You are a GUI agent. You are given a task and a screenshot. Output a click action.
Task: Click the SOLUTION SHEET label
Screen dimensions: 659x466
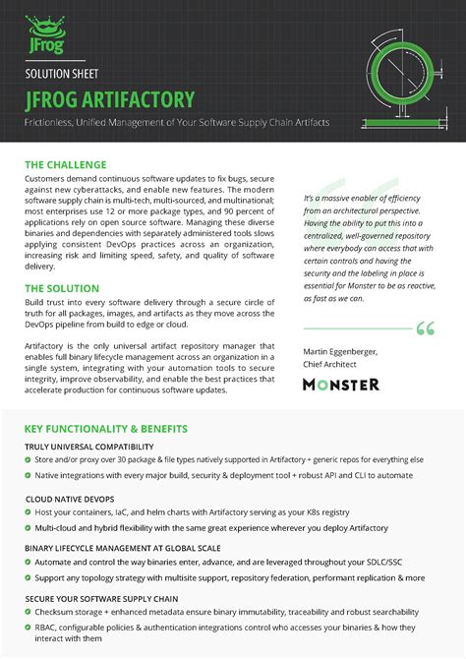[x=64, y=74]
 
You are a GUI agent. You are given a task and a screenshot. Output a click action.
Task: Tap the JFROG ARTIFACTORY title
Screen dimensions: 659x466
[x=110, y=100]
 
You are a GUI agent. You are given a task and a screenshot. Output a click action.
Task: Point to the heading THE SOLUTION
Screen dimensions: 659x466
[x=62, y=288]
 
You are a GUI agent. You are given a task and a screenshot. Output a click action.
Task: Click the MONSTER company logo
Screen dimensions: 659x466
[x=340, y=384]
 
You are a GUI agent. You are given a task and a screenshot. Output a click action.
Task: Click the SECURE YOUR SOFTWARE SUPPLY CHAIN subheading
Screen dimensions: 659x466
[x=101, y=598]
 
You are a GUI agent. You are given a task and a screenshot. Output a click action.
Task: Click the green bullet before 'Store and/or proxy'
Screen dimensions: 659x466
[x=29, y=459]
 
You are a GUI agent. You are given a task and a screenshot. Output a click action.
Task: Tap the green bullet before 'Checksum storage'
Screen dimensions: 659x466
[x=29, y=612]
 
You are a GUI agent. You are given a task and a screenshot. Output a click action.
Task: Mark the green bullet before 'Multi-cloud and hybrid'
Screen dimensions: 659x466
[x=29, y=528]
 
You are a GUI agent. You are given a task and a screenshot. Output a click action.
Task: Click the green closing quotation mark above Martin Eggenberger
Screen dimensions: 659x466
[x=426, y=328]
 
